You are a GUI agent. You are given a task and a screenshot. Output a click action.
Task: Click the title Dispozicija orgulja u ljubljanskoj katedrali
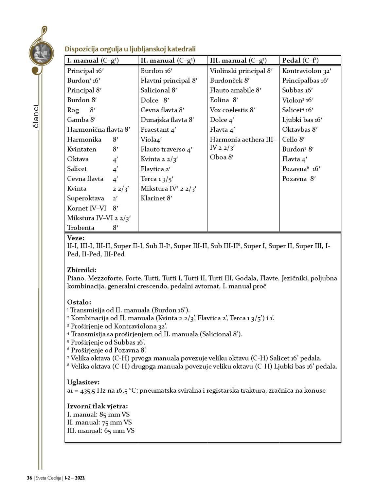[x=130, y=49]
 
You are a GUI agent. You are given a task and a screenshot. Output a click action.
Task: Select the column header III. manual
[x=238, y=61]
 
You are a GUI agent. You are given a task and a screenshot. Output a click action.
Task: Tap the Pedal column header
[x=300, y=61]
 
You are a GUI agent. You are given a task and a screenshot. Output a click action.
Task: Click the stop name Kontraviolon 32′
[x=307, y=71]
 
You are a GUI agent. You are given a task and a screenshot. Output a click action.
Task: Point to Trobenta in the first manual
[x=81, y=228]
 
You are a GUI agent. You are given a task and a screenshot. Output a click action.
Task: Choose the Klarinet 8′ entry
[x=156, y=198]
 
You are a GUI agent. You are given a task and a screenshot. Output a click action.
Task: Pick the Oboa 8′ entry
[x=222, y=157]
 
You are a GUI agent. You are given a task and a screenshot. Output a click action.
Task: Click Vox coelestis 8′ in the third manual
[x=232, y=110]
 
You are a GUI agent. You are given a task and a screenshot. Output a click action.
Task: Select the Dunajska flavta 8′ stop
[x=167, y=120]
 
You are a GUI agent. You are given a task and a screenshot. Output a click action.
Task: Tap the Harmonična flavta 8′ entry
[x=99, y=130]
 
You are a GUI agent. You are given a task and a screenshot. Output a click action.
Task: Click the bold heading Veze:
[x=76, y=238]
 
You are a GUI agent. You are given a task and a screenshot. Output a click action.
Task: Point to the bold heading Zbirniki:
[x=81, y=270]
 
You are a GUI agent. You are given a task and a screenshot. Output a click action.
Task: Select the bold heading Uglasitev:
[x=83, y=382]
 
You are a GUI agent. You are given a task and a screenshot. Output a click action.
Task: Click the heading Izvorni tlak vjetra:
[x=97, y=406]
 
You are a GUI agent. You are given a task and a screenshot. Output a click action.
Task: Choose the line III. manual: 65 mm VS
[x=100, y=431]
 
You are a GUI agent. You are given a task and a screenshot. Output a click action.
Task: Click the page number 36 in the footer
[x=29, y=478]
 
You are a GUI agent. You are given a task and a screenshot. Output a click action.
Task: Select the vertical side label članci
[x=36, y=116]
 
